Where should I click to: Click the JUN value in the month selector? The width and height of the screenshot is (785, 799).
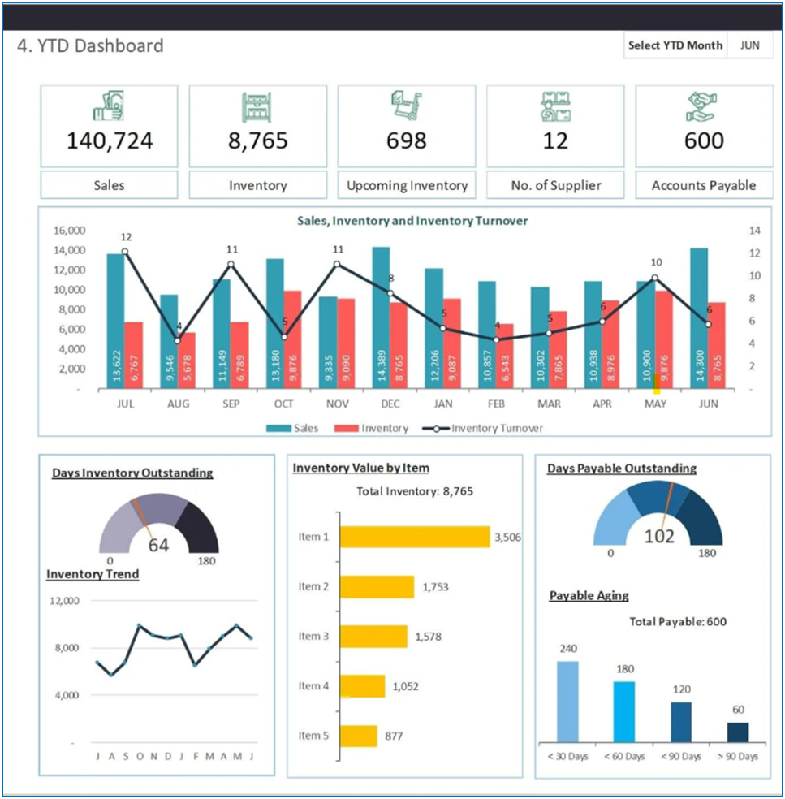pyautogui.click(x=749, y=45)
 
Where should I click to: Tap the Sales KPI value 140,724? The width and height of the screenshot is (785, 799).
pyautogui.click(x=110, y=141)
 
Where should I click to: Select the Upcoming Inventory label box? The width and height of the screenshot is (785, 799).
pyautogui.click(x=407, y=185)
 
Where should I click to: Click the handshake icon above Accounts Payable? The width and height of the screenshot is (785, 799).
pyautogui.click(x=703, y=106)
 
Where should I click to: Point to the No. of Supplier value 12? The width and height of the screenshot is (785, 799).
pyautogui.click(x=555, y=141)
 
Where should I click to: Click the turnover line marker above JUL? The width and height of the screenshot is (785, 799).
pyautogui.click(x=125, y=252)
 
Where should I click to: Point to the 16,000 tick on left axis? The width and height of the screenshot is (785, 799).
pyautogui.click(x=68, y=231)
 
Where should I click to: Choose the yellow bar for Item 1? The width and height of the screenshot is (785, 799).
pyautogui.click(x=415, y=537)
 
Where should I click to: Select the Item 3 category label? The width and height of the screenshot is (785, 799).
pyautogui.click(x=313, y=637)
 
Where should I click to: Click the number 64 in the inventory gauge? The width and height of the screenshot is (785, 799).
pyautogui.click(x=158, y=546)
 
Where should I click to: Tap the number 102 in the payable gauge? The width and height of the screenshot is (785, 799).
pyautogui.click(x=658, y=537)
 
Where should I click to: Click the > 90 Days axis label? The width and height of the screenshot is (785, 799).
pyautogui.click(x=738, y=757)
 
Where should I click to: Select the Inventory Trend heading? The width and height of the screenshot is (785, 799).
pyautogui.click(x=93, y=574)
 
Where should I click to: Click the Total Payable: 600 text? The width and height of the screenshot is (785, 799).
pyautogui.click(x=678, y=622)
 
